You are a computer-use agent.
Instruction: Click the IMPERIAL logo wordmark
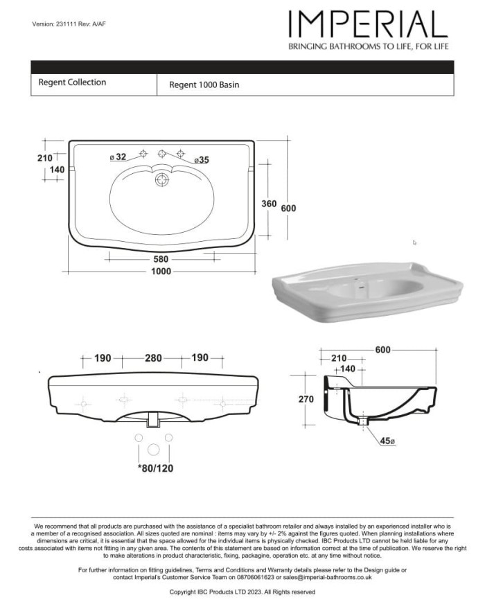368,25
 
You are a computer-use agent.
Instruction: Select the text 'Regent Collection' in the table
72,82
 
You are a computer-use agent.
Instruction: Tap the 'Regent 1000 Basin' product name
204,85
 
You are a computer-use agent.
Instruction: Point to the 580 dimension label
161,258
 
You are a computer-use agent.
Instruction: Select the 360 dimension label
269,204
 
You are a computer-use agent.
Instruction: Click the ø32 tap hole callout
118,157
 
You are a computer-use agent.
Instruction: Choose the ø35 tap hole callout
202,160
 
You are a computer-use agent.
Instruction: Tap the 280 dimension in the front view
153,358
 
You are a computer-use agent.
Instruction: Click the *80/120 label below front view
155,468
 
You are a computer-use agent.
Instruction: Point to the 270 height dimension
306,399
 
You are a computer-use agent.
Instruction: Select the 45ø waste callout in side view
387,441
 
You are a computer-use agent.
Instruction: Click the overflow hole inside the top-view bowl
162,179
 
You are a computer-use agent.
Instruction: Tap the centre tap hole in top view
162,153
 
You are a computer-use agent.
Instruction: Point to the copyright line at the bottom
242,592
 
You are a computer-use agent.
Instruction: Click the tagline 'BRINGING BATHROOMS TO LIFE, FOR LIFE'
368,46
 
